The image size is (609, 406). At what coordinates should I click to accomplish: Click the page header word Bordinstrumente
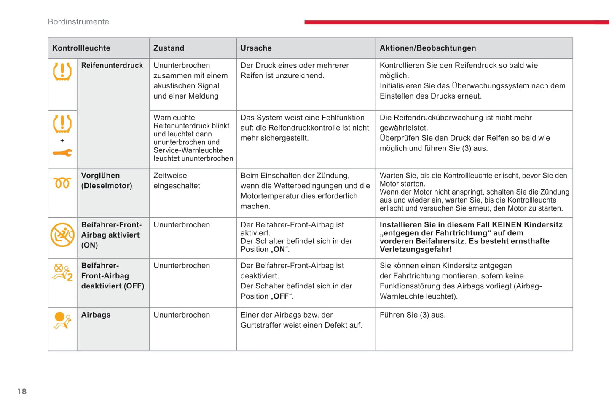[78, 22]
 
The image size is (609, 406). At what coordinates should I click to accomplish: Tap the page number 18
[22, 391]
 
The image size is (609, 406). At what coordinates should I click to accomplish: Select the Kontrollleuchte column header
[81, 48]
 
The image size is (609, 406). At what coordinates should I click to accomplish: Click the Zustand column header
[169, 48]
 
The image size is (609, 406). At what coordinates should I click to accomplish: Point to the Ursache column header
[256, 48]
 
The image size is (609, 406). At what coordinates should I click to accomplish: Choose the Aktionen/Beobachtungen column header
[428, 48]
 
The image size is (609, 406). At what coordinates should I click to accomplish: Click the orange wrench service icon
[62, 153]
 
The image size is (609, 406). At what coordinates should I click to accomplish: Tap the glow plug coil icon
[62, 183]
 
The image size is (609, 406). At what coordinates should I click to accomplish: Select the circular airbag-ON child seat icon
[62, 235]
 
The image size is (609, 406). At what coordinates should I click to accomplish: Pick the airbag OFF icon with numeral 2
[62, 272]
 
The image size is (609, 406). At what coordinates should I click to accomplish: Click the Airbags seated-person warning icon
[62, 320]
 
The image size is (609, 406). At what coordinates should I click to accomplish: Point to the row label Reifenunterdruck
[112, 65]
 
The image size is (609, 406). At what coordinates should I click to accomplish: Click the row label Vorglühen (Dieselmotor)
[107, 181]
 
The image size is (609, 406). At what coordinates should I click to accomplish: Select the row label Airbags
[96, 315]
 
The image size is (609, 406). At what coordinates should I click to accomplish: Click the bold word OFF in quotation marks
[281, 296]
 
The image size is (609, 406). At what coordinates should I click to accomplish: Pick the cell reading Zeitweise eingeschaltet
[177, 181]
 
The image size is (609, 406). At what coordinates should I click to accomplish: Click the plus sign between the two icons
[62, 141]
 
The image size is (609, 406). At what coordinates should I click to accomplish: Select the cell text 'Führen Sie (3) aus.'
[412, 315]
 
